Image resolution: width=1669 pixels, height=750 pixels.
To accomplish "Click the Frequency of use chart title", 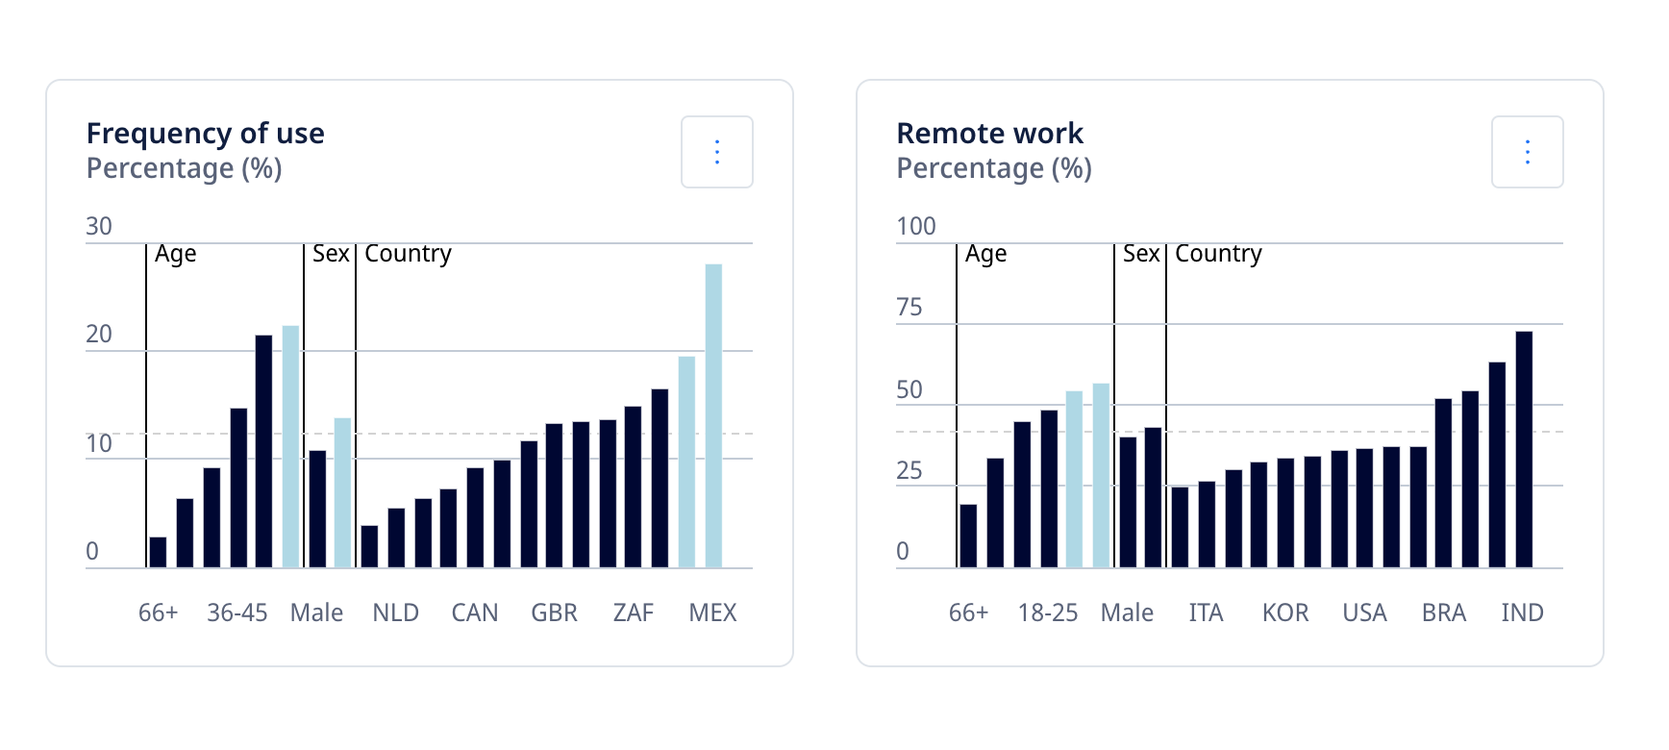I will (205, 133).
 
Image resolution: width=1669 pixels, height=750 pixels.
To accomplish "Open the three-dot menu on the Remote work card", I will (1527, 152).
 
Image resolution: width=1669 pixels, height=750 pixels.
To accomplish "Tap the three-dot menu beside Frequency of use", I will (716, 152).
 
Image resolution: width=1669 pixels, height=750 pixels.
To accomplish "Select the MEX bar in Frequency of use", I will (713, 415).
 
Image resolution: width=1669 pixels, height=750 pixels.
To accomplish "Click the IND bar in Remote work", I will (1524, 449).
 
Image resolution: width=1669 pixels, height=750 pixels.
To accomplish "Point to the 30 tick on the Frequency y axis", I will (99, 226).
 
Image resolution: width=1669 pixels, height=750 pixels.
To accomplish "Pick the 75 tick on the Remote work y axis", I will (909, 308).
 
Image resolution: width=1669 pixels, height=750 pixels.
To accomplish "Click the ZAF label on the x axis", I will (633, 612).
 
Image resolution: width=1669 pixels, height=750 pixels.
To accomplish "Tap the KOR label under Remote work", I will (1284, 612).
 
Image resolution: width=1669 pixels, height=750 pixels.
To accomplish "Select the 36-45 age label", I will (237, 612).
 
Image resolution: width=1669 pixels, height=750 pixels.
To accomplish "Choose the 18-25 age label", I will (1047, 612).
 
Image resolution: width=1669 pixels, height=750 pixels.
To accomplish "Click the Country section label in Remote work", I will (1218, 253).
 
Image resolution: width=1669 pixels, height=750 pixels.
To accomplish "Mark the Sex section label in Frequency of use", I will (331, 253).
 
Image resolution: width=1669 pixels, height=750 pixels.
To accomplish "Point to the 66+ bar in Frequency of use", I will (158, 553).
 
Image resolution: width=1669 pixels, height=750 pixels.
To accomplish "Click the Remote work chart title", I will (989, 133).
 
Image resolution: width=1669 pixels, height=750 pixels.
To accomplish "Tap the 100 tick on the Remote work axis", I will (915, 226).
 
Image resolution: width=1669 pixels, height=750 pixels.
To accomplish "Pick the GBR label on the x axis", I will (554, 612).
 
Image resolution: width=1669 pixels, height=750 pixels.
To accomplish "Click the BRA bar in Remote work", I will (1443, 483).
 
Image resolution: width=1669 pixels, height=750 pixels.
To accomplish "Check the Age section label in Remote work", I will (985, 253).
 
